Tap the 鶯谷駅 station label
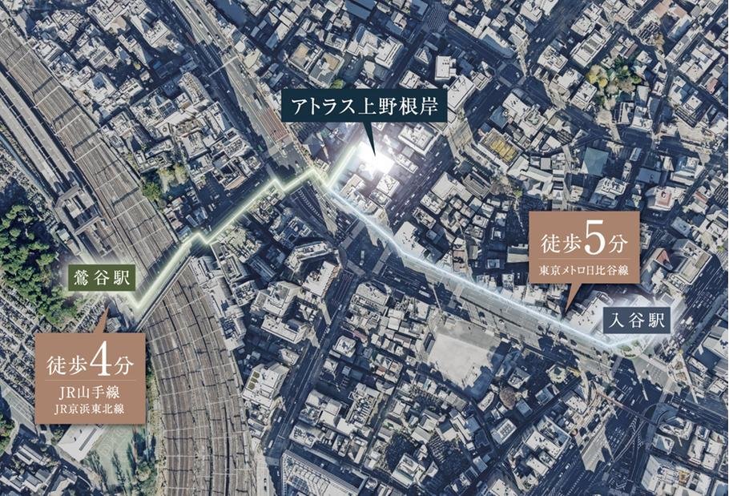pyautogui.click(x=100, y=280)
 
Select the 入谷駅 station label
pyautogui.click(x=637, y=322)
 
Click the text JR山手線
pyautogui.click(x=90, y=393)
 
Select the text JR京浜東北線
pyautogui.click(x=90, y=409)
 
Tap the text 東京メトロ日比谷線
pyautogui.click(x=584, y=268)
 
